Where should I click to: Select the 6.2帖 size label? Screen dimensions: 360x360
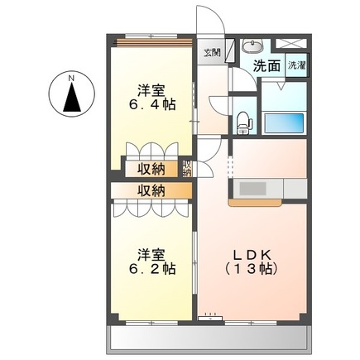coord(151,268)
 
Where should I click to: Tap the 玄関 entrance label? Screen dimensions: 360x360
coord(213,53)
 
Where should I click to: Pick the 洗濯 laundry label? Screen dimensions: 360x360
coord(295,65)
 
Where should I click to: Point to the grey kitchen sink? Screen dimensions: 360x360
coord(294,188)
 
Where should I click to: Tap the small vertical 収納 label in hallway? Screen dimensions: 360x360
coord(187,169)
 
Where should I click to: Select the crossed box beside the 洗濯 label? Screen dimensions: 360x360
coord(294,45)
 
